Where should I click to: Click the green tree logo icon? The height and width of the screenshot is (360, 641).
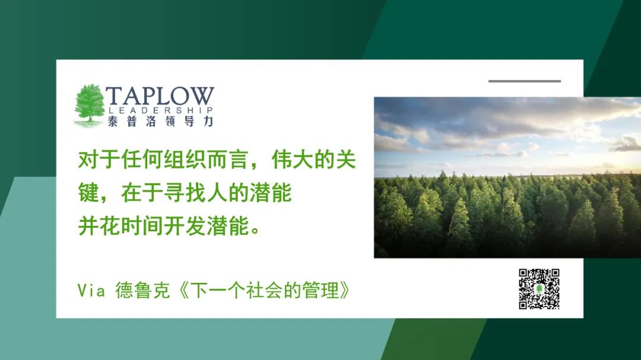[89, 106]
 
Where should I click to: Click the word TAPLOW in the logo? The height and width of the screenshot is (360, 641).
[160, 97]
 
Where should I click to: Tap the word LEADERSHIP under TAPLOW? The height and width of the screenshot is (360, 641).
[161, 110]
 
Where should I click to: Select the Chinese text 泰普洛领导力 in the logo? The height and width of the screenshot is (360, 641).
[161, 122]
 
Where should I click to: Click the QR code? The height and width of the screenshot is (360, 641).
[539, 289]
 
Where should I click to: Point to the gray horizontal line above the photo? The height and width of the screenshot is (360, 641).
[525, 81]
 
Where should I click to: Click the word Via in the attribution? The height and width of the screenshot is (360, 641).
[91, 291]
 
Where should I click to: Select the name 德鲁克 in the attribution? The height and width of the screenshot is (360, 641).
[142, 291]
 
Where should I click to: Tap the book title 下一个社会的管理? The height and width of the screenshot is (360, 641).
[265, 291]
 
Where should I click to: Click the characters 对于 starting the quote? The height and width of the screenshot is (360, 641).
[99, 160]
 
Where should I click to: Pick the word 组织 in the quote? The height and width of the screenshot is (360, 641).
[185, 160]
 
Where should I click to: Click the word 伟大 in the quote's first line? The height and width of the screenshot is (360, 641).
[292, 160]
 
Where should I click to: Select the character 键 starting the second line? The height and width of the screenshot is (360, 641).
[88, 193]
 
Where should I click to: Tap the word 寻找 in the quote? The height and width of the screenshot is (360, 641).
[185, 193]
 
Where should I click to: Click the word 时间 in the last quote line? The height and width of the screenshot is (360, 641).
[142, 226]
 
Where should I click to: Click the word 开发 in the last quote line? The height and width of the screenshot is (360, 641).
[185, 226]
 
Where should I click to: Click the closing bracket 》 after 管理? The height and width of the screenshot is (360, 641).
[345, 291]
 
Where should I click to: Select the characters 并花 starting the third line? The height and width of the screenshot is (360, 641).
[99, 226]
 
